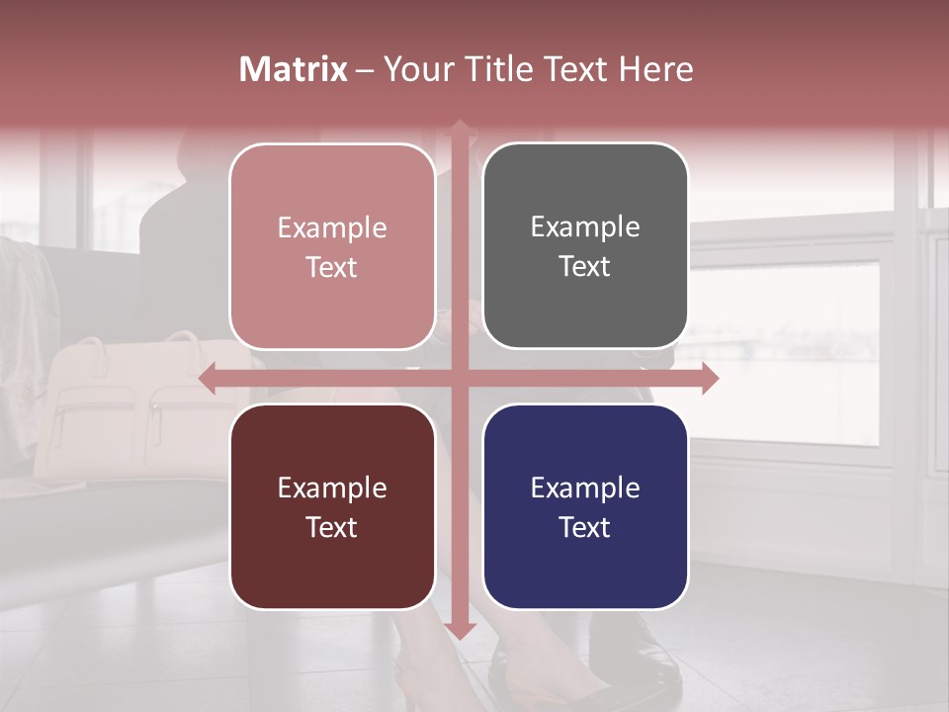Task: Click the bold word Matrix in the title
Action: (x=294, y=69)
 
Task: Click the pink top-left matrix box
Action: (x=332, y=246)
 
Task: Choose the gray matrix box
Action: (x=585, y=246)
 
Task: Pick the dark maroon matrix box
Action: (x=332, y=506)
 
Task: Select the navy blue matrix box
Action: (x=585, y=506)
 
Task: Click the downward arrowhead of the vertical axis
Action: (x=459, y=631)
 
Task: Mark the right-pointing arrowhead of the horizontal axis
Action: (x=709, y=378)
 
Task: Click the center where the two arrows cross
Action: (x=459, y=378)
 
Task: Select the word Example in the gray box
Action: (x=585, y=227)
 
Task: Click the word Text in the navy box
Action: (x=585, y=527)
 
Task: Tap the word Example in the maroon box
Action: (x=332, y=488)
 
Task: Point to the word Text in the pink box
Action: (x=332, y=267)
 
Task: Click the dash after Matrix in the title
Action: (x=365, y=69)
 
